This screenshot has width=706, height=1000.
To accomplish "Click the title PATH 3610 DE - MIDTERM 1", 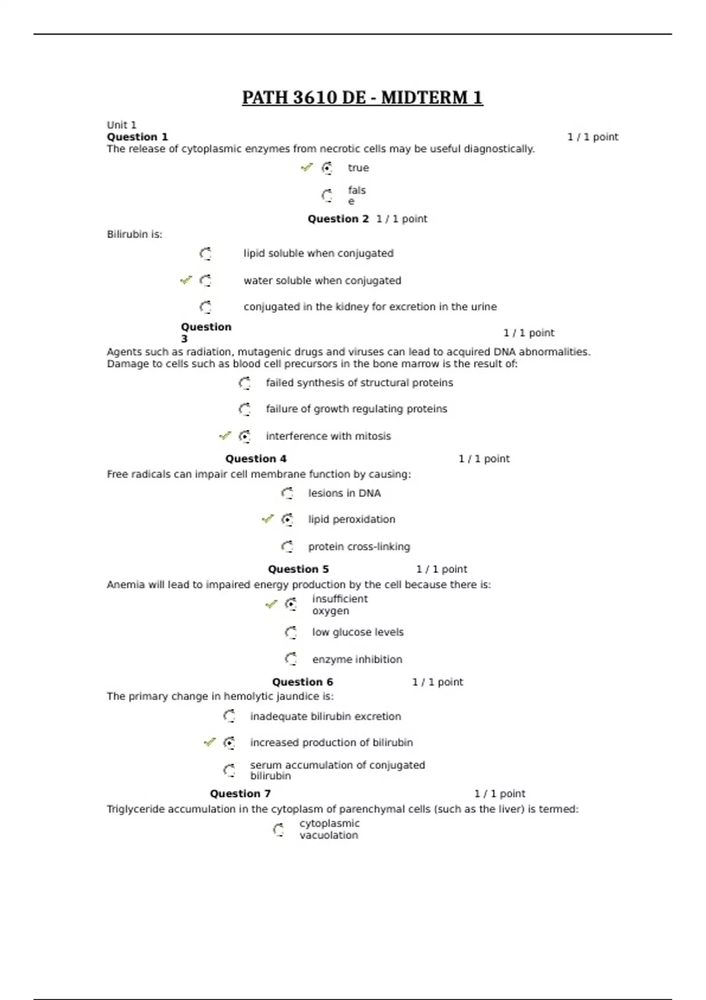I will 362,98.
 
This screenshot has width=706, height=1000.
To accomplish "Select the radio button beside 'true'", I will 327,168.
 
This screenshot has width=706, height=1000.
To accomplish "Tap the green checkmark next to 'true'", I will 307,168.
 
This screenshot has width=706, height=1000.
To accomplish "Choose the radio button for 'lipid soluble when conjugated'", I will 205,254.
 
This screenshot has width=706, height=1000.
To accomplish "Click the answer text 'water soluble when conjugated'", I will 322,281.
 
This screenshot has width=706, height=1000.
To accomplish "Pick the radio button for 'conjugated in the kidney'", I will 205,307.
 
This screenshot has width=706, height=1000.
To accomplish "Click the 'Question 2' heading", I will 338,219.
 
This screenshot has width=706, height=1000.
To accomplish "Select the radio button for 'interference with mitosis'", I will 245,436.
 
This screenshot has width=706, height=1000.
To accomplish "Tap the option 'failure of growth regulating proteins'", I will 356,409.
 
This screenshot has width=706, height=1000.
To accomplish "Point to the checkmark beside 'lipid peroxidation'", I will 268,519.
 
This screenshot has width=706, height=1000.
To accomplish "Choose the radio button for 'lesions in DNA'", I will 287,493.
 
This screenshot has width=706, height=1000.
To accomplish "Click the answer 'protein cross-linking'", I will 359,546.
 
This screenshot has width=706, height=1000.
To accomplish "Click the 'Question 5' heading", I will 298,569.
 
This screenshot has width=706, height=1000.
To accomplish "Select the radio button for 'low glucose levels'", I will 291,632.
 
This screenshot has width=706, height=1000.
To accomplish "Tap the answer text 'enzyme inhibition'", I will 357,659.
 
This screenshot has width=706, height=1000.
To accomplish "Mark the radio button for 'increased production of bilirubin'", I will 229,743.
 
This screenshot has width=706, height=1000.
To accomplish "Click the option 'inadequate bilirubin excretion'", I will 325,716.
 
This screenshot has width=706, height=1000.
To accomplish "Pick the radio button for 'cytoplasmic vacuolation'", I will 278,830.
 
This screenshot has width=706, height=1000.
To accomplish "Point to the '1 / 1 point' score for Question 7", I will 499,794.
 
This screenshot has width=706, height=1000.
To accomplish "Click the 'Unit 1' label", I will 121,125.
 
